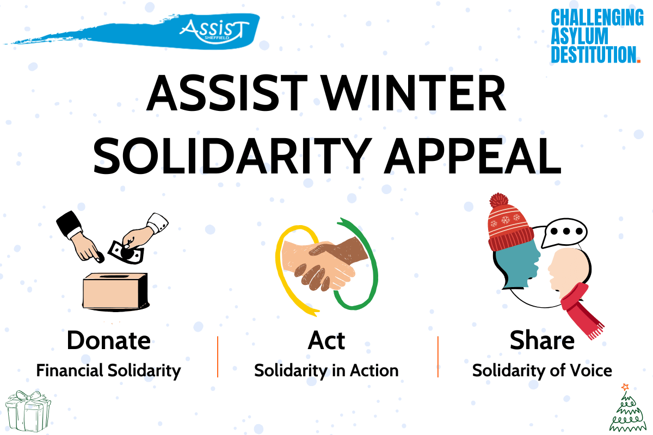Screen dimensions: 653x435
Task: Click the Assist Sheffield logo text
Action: click(214, 31)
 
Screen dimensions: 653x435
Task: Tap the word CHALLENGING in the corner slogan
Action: click(597, 17)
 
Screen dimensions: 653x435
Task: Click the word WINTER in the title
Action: click(414, 92)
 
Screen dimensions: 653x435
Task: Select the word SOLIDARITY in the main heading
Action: click(232, 156)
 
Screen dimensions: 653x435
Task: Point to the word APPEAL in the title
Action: click(473, 156)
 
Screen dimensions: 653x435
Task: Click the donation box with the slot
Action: click(116, 291)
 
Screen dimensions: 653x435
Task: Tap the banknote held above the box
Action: click(126, 252)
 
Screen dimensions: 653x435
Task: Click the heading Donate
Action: click(108, 340)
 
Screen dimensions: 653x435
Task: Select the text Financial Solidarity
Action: click(108, 371)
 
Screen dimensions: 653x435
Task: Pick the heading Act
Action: click(326, 340)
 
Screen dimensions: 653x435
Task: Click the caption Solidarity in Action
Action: click(326, 371)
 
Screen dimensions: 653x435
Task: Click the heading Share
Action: click(542, 340)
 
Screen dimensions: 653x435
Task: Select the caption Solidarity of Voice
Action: click(542, 371)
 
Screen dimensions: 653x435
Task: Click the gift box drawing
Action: click(28, 411)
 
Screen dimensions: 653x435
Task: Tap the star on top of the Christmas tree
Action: click(625, 387)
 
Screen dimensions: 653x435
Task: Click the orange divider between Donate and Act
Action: click(218, 357)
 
